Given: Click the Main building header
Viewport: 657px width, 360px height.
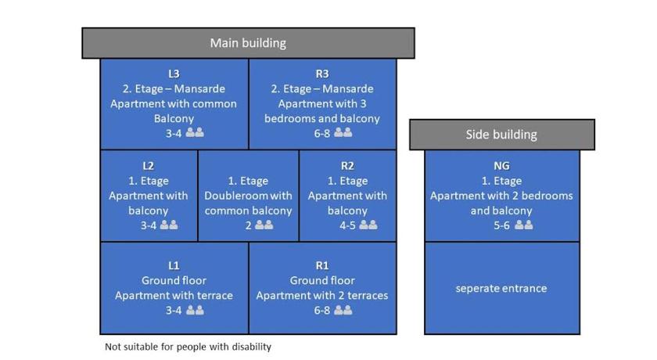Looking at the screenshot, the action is pos(248,43).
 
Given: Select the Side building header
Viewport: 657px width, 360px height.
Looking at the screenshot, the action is pos(501,135).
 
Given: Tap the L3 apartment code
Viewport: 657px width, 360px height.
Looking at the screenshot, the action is pos(174,74).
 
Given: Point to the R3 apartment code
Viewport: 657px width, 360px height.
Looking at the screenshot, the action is pos(322,74).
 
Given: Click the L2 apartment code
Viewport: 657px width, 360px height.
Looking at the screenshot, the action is pos(149,166).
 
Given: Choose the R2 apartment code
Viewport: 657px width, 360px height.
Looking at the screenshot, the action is pos(347,166).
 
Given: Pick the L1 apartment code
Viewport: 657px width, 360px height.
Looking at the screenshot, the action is pos(174,265).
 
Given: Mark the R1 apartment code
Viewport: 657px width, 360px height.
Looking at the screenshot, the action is pos(322,265).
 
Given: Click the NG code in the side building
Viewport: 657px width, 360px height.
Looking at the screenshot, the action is pos(501,166).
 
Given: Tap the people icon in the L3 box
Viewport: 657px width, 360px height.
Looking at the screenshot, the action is pos(195,133).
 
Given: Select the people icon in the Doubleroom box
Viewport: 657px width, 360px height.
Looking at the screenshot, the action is pos(264,225).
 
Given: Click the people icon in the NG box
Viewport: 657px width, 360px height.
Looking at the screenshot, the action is pos(524,225).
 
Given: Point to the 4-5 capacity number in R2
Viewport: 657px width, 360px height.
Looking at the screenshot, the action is pos(347,225).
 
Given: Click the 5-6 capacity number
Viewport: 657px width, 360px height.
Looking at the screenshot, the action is pos(501,225).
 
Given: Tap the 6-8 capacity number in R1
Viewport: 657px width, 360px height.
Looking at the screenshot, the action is pos(321,311).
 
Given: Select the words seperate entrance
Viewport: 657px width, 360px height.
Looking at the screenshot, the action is pos(501,288).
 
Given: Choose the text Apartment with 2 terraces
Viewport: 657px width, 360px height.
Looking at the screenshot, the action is pos(322,296).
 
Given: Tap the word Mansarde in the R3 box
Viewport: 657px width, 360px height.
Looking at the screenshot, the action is pos(348,89).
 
